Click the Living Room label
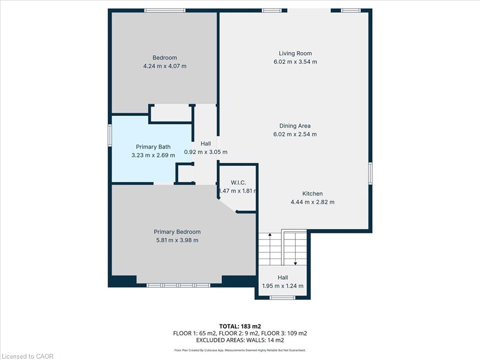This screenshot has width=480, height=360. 295,53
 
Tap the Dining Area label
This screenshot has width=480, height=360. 295,126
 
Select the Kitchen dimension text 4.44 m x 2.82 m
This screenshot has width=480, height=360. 312,202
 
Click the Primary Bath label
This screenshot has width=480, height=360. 153,147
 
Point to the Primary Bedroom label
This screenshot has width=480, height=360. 177,232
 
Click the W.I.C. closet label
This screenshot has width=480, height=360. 238,183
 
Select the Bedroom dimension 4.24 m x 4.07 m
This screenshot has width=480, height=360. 165,66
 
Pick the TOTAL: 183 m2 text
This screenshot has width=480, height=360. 240,326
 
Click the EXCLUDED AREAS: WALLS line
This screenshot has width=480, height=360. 240,340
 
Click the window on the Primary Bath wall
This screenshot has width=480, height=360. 110,135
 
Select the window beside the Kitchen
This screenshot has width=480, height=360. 370,173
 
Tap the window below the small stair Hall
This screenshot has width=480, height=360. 282,298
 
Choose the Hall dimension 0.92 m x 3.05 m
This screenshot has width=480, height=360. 206,152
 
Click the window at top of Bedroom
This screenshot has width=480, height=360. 165,10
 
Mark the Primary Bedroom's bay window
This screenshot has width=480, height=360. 179,285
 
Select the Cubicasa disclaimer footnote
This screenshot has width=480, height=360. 240,350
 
